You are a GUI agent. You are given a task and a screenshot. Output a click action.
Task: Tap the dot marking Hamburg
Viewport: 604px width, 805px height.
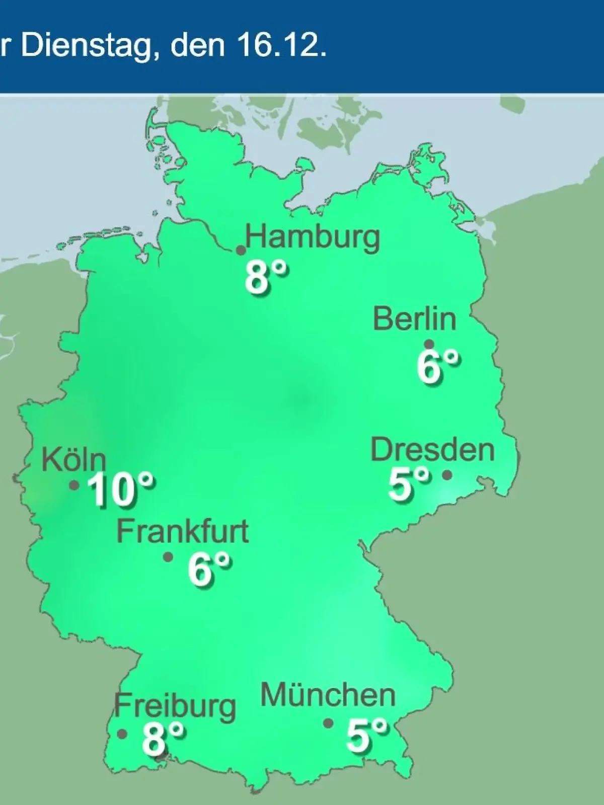(x=241, y=250)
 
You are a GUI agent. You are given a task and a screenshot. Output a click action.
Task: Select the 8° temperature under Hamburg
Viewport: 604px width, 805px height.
(x=267, y=278)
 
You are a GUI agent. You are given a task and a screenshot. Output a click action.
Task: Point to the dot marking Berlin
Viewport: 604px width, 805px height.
(x=429, y=345)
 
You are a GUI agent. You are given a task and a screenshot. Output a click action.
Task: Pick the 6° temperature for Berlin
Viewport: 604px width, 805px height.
(x=438, y=367)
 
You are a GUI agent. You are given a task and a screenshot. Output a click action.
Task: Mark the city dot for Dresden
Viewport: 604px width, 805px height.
(x=447, y=474)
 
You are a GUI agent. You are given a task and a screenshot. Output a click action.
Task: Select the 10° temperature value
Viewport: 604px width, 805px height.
(x=121, y=490)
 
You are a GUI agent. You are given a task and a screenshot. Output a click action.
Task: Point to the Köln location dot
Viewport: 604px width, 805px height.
(x=74, y=486)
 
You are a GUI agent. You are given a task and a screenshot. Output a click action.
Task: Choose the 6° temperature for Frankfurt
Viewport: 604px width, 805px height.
(x=210, y=570)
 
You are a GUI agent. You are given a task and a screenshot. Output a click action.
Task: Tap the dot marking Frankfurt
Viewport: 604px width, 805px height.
(x=168, y=557)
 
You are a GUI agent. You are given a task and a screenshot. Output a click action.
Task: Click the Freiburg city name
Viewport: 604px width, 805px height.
(x=175, y=706)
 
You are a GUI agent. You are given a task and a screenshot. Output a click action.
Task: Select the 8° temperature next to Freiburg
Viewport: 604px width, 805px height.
(x=163, y=738)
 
